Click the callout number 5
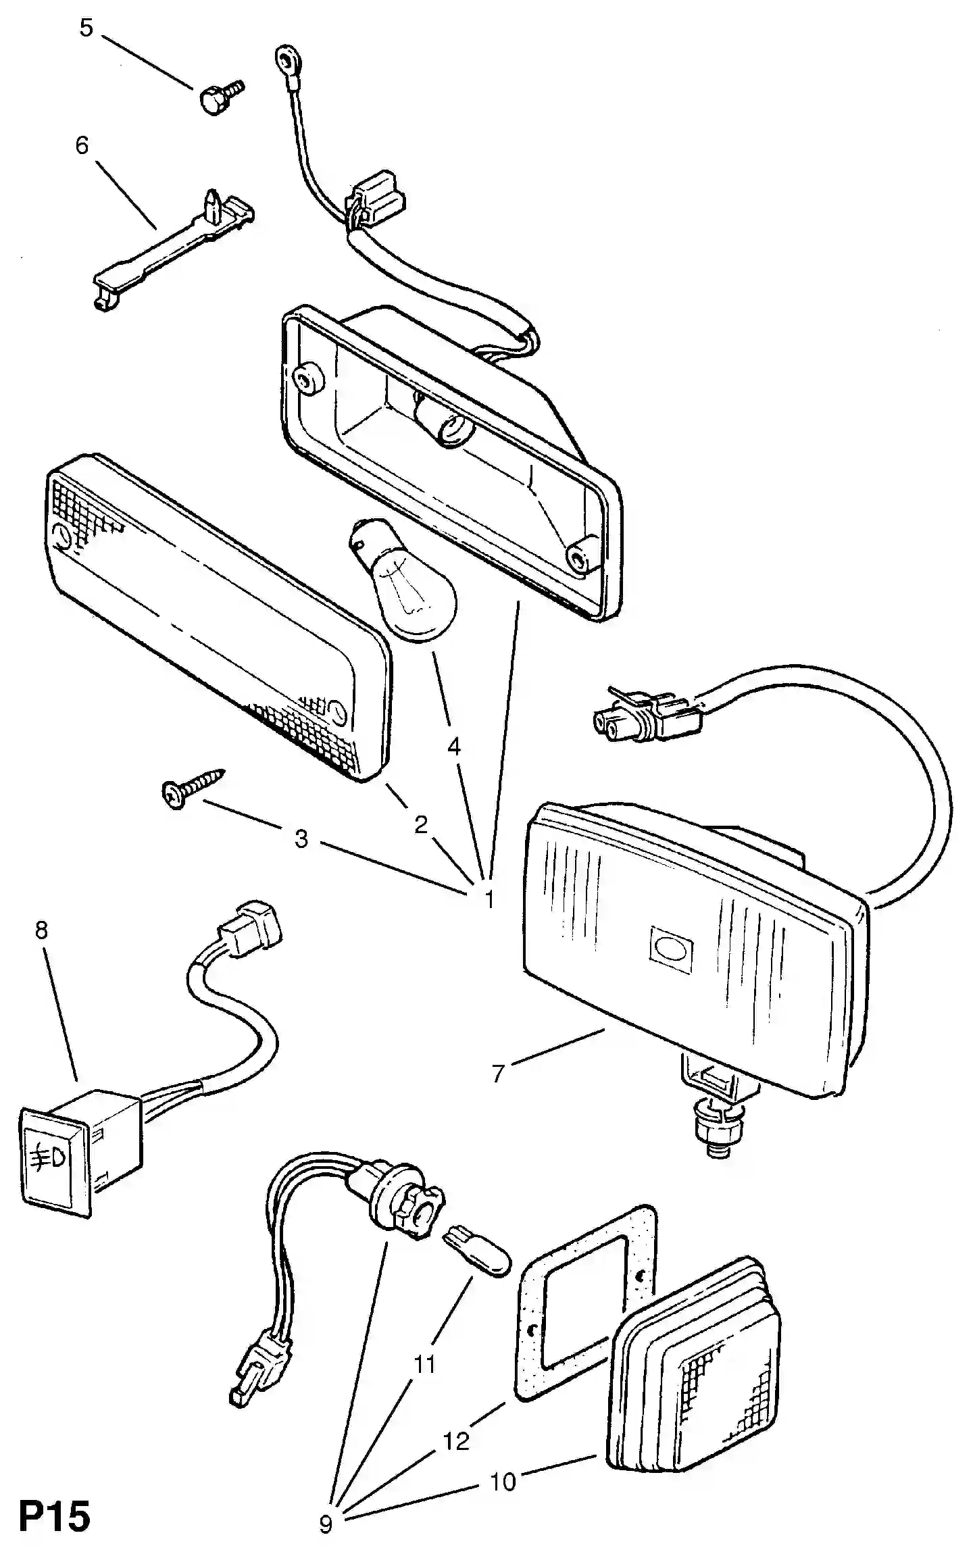[x=86, y=28]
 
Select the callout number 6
[x=82, y=145]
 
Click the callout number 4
[x=454, y=747]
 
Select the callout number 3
[x=301, y=839]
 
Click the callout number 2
[x=421, y=824]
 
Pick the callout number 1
[x=489, y=899]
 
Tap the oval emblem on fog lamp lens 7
[x=670, y=949]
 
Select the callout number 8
[x=42, y=931]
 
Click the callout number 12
[x=456, y=1441]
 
